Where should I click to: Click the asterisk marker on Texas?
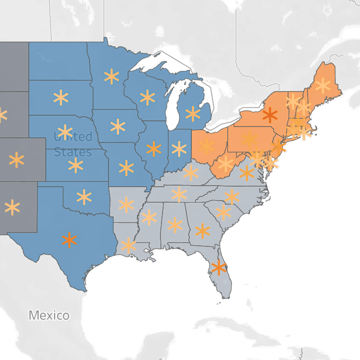(x=69, y=240)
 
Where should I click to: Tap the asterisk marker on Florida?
(x=219, y=267)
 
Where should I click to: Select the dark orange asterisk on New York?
(x=269, y=115)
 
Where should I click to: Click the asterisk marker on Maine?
(x=322, y=85)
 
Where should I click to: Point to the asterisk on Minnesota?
(x=112, y=77)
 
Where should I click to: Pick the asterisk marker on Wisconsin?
(x=148, y=97)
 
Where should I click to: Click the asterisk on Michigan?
(x=193, y=114)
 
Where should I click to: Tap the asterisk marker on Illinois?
(x=154, y=149)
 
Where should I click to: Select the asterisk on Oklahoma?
(x=84, y=197)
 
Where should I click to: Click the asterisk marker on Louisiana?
(x=128, y=245)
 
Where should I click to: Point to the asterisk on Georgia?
(x=203, y=231)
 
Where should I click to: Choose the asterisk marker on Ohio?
(x=206, y=146)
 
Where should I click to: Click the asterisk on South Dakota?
(x=61, y=97)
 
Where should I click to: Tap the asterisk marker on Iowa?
(x=118, y=127)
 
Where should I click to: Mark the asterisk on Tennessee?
(x=179, y=194)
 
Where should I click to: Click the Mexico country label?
(x=49, y=315)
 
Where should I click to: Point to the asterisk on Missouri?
(x=126, y=168)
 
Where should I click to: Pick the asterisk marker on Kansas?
(x=76, y=165)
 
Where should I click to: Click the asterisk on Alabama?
(x=175, y=225)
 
